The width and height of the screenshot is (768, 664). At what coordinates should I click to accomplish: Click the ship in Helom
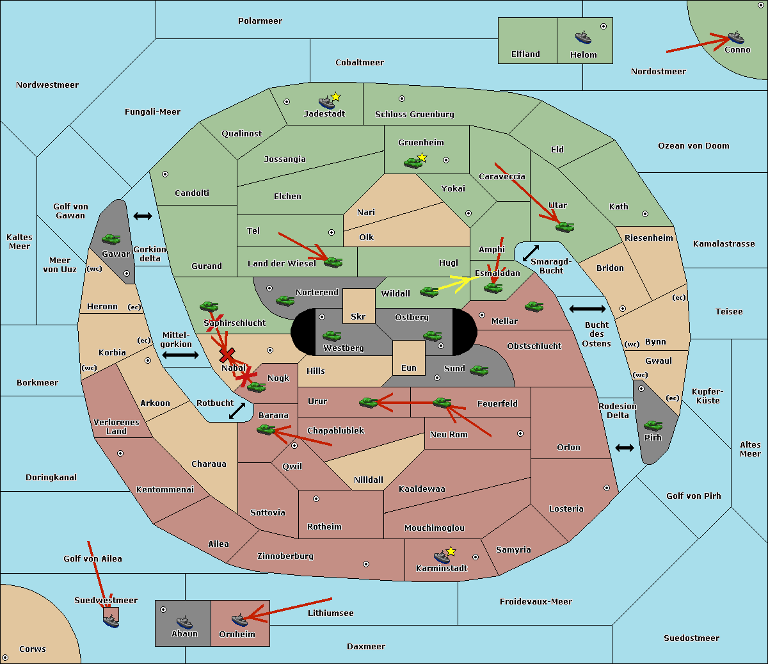(583, 37)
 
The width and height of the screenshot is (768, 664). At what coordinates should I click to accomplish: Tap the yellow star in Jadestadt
(335, 97)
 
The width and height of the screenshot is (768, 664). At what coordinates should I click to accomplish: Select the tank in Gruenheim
(413, 163)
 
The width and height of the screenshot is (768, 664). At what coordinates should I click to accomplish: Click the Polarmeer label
(260, 21)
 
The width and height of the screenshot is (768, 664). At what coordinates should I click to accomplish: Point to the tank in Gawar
(111, 239)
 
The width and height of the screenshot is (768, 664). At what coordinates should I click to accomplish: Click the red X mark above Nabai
(227, 355)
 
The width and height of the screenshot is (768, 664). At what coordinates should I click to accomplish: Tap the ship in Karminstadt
(442, 557)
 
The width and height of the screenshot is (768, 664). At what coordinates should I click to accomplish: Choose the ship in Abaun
(184, 622)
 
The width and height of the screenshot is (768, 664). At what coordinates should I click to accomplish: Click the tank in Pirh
(653, 425)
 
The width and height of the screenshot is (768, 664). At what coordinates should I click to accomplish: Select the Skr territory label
(358, 316)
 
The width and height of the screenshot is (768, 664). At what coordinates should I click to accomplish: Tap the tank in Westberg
(332, 336)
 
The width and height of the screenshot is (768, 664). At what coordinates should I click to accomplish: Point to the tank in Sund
(479, 370)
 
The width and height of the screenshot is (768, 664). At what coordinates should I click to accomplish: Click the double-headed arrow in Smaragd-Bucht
(531, 253)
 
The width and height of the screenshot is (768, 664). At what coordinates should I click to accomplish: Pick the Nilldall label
(368, 480)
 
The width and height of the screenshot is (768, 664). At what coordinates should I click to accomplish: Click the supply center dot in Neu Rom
(520, 433)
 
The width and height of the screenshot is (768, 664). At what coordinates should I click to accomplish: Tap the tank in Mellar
(534, 306)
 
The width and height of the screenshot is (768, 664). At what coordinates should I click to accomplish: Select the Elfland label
(525, 54)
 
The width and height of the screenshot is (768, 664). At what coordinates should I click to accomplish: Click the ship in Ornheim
(239, 620)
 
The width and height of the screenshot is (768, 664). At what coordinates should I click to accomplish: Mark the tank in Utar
(564, 227)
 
